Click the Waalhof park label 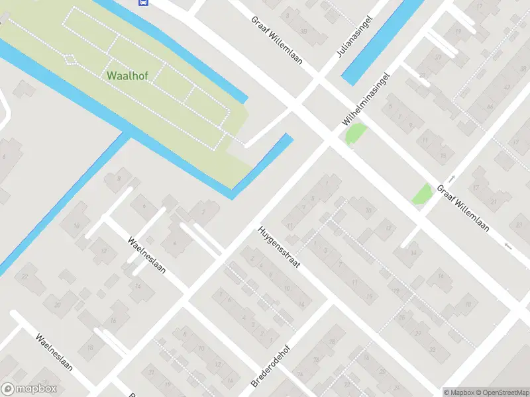click(127, 75)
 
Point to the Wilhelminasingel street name click(365, 100)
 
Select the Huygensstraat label click(280, 247)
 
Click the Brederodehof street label click(272, 364)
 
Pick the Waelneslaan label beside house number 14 click(147, 255)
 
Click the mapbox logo click(29, 390)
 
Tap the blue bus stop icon click(142, 2)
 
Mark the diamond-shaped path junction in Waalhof click(70, 59)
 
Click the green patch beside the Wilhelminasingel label click(355, 134)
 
